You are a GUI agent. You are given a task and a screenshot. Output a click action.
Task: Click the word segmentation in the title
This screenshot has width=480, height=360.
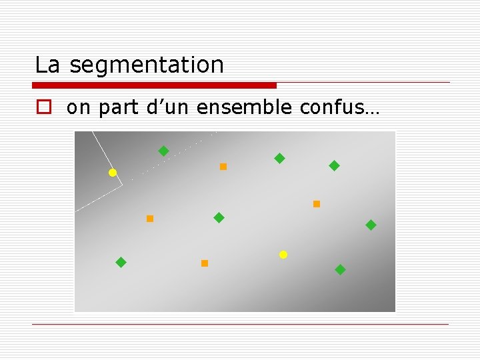pos(147,65)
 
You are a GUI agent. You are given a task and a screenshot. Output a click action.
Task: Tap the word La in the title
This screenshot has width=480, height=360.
pos(47,65)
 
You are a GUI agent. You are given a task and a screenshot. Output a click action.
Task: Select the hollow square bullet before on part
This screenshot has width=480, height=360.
pos(43,109)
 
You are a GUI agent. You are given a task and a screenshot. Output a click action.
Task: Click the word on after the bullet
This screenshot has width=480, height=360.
pos(79,109)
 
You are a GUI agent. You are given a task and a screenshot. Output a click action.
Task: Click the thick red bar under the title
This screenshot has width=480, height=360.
pos(154,85)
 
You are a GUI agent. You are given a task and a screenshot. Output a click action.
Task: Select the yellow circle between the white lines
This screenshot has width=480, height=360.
pos(113,173)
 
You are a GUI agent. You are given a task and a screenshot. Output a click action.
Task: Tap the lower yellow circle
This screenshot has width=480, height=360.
pos(283,255)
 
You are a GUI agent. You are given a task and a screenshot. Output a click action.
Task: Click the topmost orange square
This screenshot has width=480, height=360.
pos(223,167)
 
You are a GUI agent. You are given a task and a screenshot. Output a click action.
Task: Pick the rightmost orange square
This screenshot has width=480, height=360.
pos(317,204)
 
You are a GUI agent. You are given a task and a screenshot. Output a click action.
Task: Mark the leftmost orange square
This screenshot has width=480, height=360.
pos(150,219)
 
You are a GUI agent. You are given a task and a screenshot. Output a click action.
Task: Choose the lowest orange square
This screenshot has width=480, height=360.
pos(205,263)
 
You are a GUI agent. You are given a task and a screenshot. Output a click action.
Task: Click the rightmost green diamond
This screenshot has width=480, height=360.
pos(371,225)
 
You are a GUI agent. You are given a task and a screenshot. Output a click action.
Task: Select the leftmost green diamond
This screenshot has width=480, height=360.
pos(121,263)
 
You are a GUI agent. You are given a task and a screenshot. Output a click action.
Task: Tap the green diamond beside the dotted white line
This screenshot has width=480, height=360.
pos(163,151)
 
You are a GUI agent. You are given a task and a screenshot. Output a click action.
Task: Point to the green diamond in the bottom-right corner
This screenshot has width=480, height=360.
pos(340,270)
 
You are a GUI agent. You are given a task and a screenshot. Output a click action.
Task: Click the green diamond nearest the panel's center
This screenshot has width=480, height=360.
pos(219,218)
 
